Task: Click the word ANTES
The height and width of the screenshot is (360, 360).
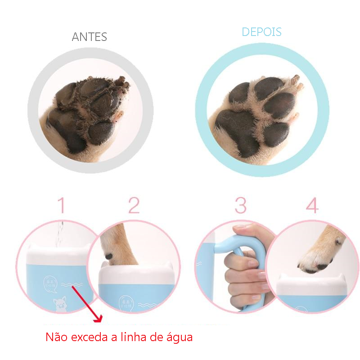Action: coord(90,36)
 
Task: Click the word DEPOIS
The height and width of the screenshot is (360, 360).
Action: coord(261,32)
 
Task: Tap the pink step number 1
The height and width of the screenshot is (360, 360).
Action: coord(62,205)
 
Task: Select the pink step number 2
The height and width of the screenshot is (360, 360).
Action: coord(134,205)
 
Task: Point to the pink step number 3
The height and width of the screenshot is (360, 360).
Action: coord(241,205)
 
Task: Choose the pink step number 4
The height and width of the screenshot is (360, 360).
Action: coord(312,205)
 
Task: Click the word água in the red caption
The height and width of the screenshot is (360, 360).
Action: coord(178,337)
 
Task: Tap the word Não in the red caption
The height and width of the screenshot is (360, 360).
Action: coord(55,337)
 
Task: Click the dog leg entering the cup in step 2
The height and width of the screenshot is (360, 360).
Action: coord(119,245)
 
